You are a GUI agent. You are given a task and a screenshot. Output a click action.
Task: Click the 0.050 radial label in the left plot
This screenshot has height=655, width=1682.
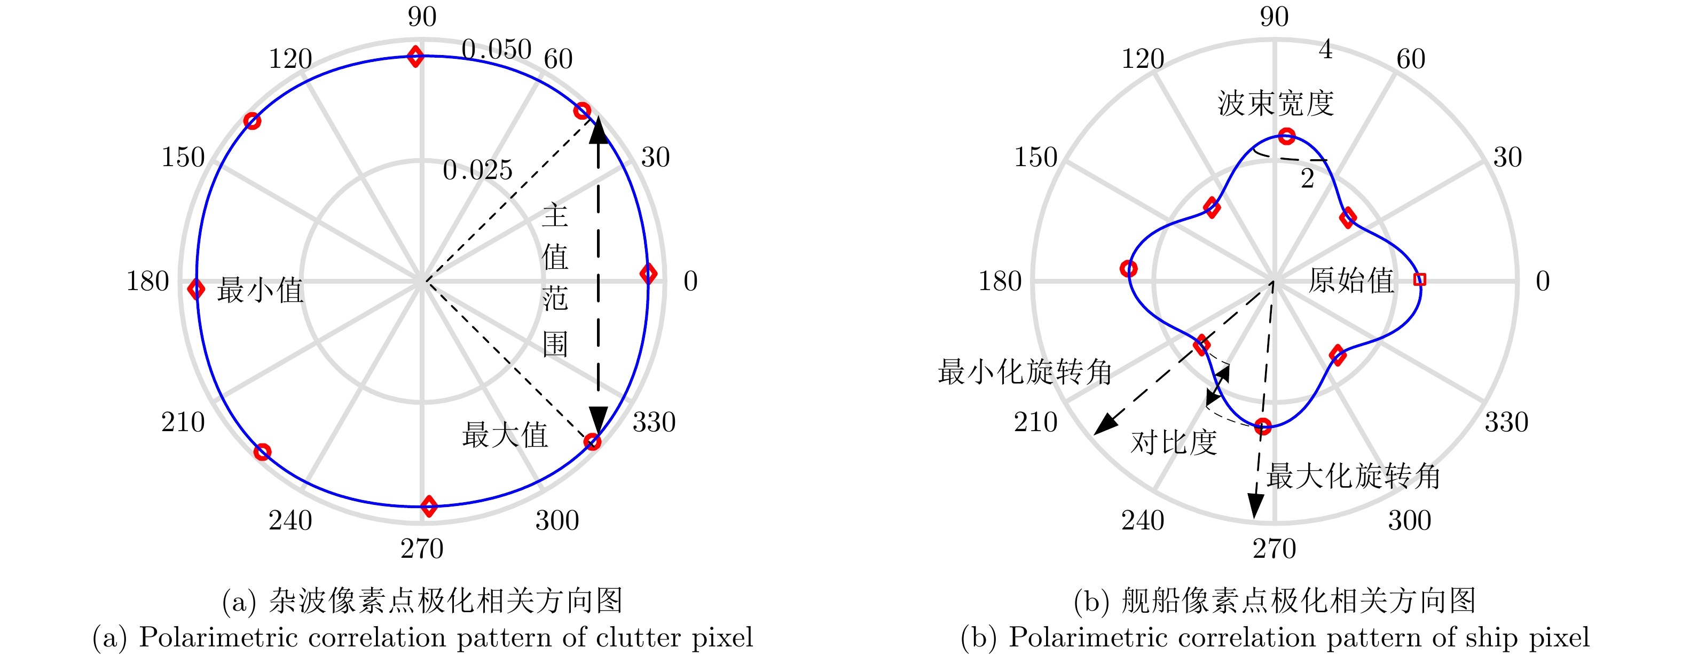pos(496,49)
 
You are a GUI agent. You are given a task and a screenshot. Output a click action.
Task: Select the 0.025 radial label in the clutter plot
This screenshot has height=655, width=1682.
pos(477,170)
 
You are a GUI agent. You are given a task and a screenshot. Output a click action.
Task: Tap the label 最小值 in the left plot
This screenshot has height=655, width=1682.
pos(260,290)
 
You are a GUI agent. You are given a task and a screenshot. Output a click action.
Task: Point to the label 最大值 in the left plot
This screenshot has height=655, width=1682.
pos(505,435)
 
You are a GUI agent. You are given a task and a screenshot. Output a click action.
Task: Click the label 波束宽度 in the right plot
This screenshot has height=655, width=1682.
pos(1275,103)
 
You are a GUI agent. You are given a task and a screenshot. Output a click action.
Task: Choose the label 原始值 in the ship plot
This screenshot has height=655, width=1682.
pos(1351,281)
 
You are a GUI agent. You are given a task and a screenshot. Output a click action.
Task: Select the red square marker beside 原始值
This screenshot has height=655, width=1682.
pos(1419,279)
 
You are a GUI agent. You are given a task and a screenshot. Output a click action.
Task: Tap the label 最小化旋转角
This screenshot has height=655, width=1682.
pos(1025,372)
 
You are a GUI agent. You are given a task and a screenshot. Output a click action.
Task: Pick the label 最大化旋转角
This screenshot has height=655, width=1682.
pos(1353,476)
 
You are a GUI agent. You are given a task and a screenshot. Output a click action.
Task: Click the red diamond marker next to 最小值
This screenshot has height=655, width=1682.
pos(196,288)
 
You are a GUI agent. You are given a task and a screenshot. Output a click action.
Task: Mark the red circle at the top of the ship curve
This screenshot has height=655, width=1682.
pos(1286,136)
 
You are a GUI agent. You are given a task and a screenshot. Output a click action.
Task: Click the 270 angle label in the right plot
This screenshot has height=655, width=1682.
pos(1274,549)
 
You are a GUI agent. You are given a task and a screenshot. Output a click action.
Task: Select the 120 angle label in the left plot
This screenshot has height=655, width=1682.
pos(290,59)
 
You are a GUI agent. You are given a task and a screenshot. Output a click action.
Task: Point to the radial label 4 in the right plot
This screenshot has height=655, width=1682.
pos(1325,49)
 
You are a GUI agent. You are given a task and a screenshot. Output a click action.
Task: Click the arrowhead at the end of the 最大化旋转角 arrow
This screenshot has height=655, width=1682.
pos(1255,506)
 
